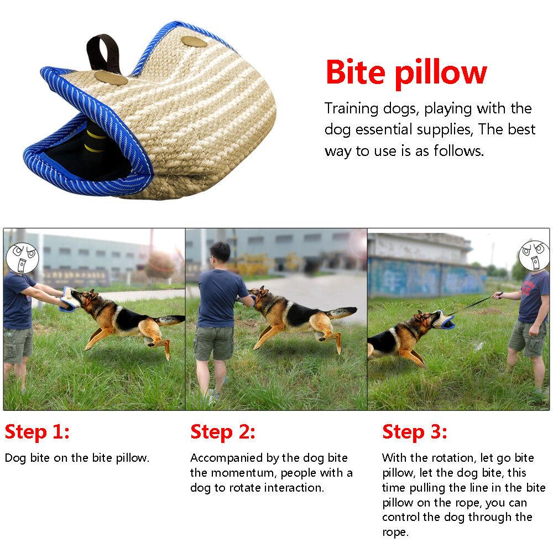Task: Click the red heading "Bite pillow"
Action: pyautogui.click(x=406, y=72)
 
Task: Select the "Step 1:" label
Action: pyautogui.click(x=37, y=432)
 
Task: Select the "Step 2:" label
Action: pyautogui.click(x=223, y=432)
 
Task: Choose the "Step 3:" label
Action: pyautogui.click(x=415, y=432)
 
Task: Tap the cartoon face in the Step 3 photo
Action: pyautogui.click(x=534, y=255)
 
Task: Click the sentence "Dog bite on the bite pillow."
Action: pyautogui.click(x=77, y=458)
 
